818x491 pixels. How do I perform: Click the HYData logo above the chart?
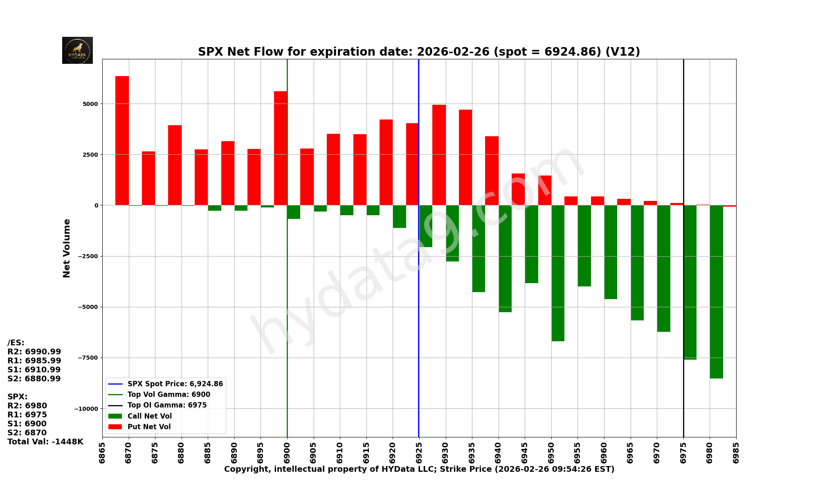[77, 50]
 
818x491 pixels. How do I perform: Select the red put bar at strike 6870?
[122, 140]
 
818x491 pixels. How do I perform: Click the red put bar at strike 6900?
[280, 148]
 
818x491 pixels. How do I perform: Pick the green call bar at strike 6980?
[716, 291]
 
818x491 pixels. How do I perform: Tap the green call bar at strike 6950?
[558, 273]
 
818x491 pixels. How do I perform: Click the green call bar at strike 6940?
[505, 258]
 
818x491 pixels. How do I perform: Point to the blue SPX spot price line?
[418, 327]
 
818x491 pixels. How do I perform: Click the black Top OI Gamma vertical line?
[683, 123]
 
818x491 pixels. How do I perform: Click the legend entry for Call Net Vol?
[149, 416]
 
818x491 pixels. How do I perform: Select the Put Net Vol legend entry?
[149, 427]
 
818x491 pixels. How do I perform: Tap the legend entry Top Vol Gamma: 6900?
[169, 394]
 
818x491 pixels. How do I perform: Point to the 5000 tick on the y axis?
[90, 104]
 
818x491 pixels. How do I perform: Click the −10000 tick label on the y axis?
[86, 409]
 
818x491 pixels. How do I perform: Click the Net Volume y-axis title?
[67, 248]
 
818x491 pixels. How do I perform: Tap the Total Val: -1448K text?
[45, 441]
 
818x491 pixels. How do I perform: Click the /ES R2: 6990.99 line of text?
[34, 351]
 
